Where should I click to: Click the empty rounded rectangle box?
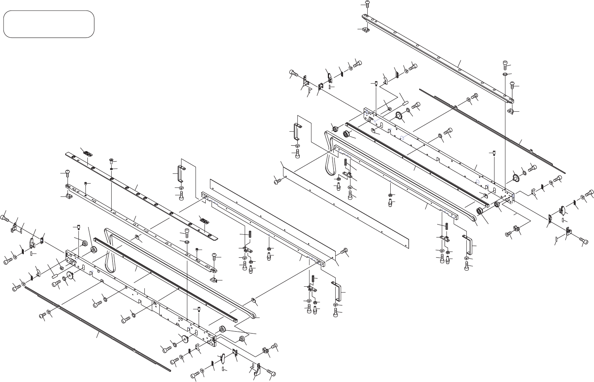pyautogui.click(x=49, y=24)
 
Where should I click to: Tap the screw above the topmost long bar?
pyautogui.click(x=368, y=4)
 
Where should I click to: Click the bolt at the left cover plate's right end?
pyautogui.click(x=344, y=251)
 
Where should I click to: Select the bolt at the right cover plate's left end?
pyautogui.click(x=277, y=180)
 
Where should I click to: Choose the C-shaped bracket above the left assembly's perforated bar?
pyautogui.click(x=181, y=174)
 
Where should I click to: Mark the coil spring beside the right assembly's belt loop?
pyautogui.click(x=345, y=162)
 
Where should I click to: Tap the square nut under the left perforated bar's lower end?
pyautogui.click(x=213, y=280)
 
